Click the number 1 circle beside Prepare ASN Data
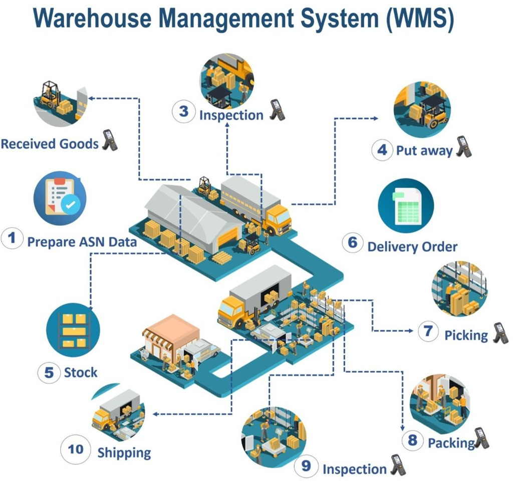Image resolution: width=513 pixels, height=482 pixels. coord(12,238)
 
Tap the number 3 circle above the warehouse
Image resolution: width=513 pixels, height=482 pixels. coord(183,111)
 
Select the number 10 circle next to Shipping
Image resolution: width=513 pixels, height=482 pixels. coord(76,449)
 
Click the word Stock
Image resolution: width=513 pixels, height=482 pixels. coord(81,373)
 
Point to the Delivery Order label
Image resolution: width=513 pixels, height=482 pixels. coord(412,247)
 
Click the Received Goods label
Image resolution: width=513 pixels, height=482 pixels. coord(49,144)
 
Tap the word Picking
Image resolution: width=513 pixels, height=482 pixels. coord(466,335)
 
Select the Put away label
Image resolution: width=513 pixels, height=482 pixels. coord(424,150)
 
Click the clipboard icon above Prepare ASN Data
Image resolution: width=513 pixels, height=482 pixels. coord(60,196)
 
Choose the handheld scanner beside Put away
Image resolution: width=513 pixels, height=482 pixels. coord(464,147)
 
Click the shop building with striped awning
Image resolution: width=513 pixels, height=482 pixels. coord(171,338)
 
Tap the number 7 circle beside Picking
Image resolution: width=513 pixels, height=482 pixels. coord(428,332)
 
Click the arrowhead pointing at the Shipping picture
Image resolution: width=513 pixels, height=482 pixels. coord(155,414)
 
